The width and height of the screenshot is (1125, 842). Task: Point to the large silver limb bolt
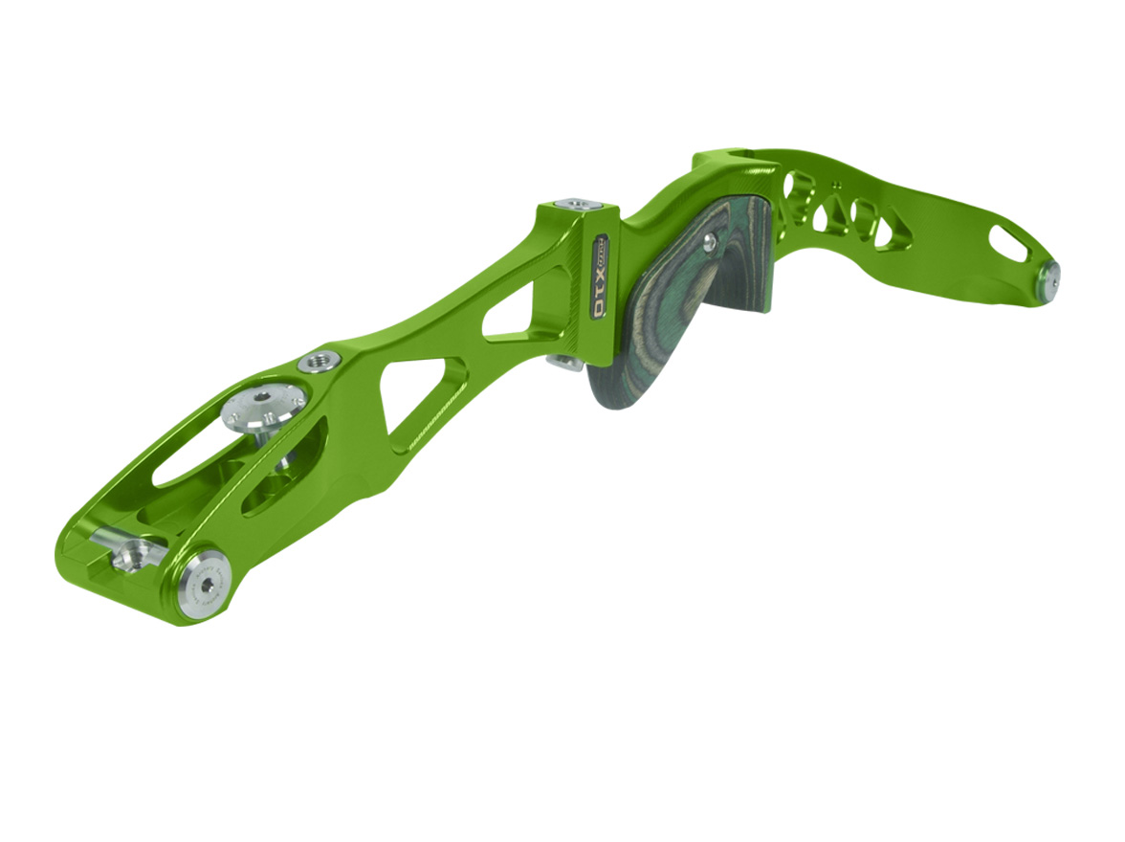(x=264, y=408)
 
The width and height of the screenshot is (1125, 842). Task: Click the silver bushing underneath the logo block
(x=566, y=361)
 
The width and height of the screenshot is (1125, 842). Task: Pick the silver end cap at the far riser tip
(x=1049, y=277)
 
